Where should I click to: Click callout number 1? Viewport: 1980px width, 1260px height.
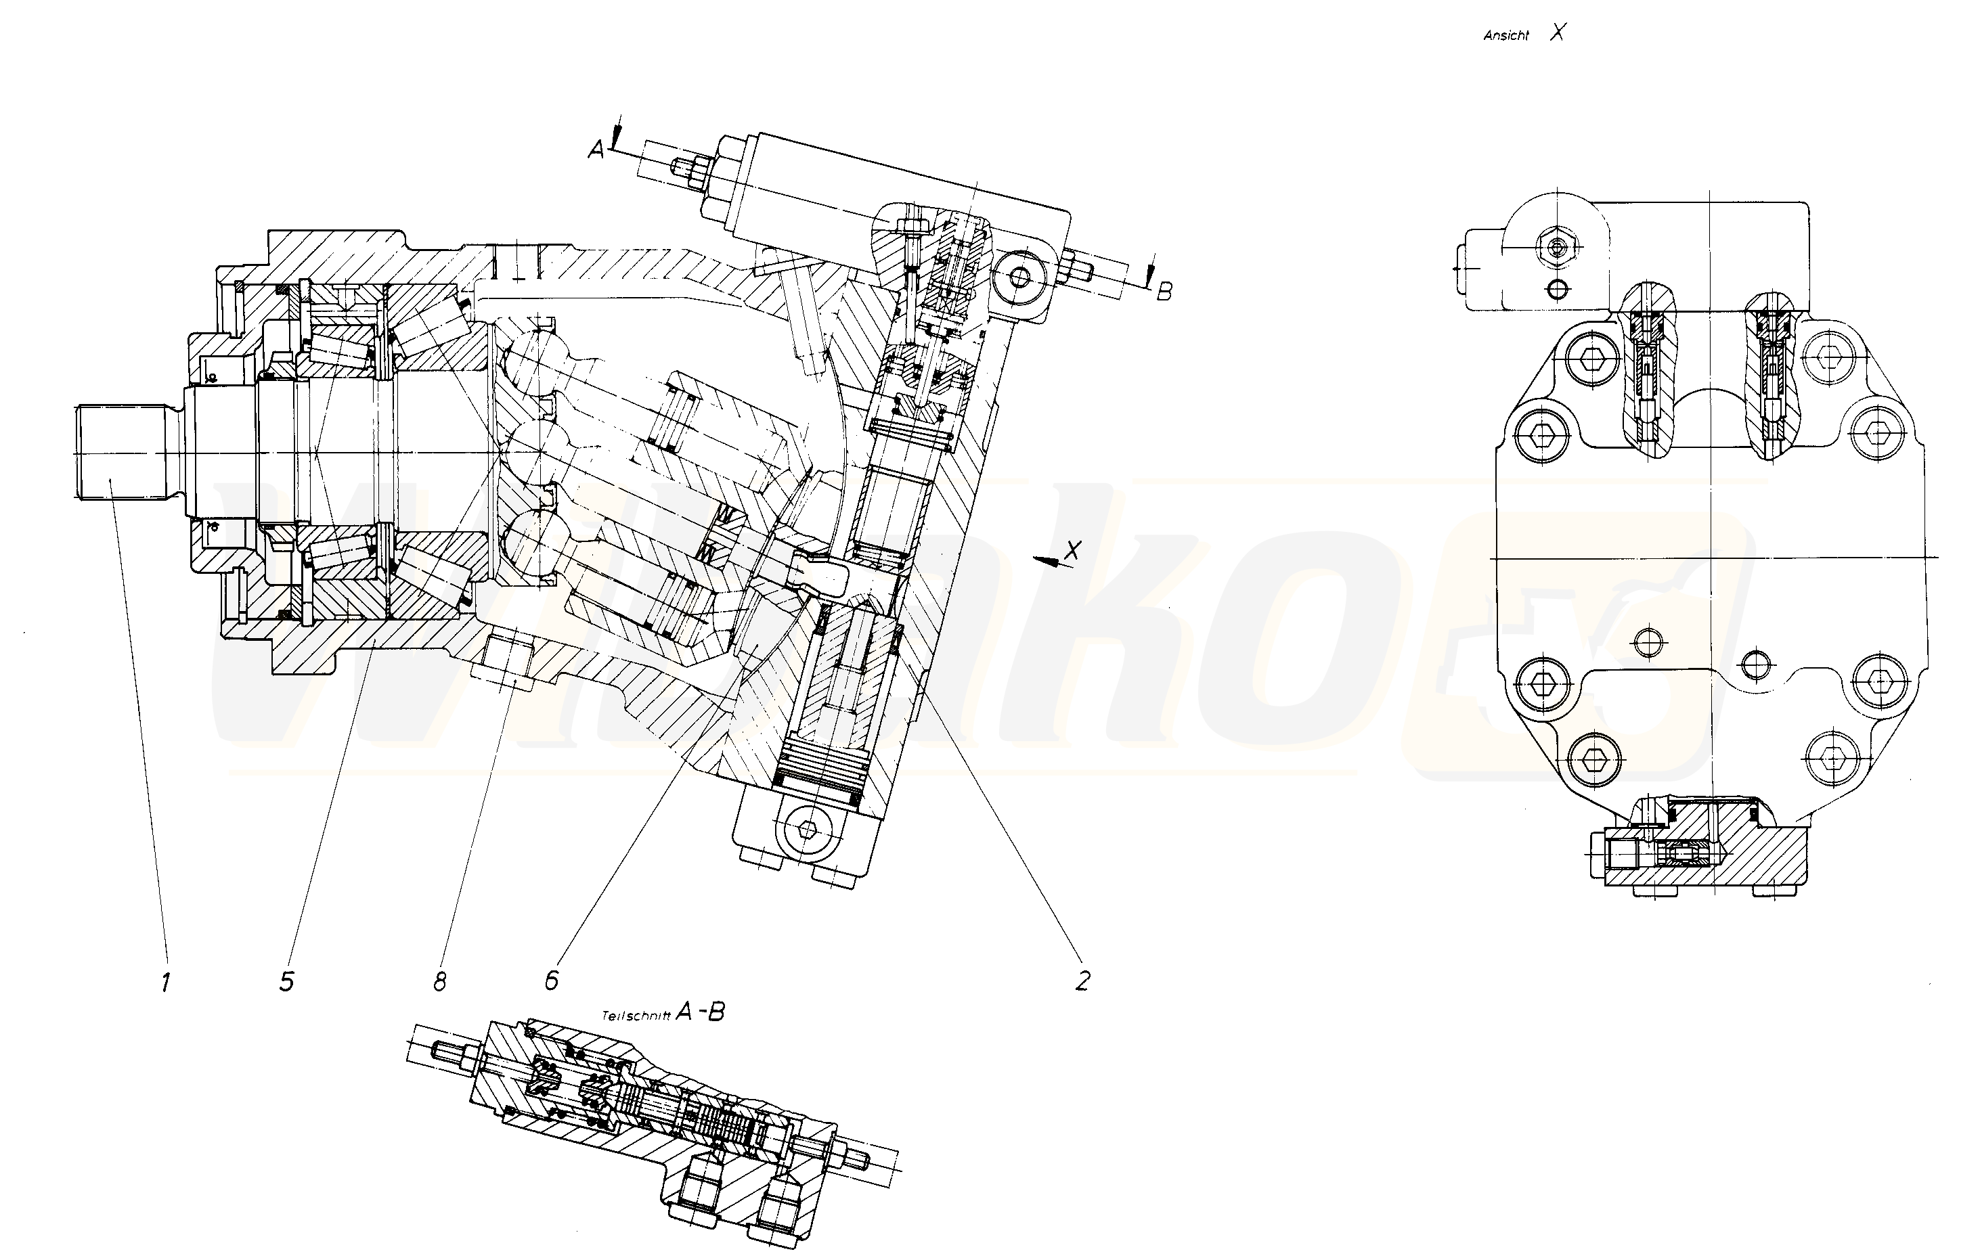click(x=166, y=981)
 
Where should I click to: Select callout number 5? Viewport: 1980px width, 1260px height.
click(x=286, y=981)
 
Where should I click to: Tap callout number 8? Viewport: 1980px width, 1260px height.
click(x=440, y=981)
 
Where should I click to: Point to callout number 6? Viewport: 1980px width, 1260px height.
click(x=552, y=980)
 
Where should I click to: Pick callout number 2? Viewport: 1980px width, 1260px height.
click(x=1082, y=980)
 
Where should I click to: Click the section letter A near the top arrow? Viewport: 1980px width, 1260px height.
click(x=596, y=149)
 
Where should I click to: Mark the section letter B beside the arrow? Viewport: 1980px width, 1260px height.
click(x=1164, y=291)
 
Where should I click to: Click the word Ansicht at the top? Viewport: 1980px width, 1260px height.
click(x=1505, y=36)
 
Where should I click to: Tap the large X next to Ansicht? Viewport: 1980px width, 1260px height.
click(x=1558, y=33)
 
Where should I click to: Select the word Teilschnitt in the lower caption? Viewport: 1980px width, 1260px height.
click(x=636, y=1016)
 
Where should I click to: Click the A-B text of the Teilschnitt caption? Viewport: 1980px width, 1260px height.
click(x=700, y=1012)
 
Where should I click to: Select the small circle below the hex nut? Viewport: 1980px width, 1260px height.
click(x=1556, y=288)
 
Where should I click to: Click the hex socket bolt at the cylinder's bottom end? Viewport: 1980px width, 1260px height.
click(x=809, y=831)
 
